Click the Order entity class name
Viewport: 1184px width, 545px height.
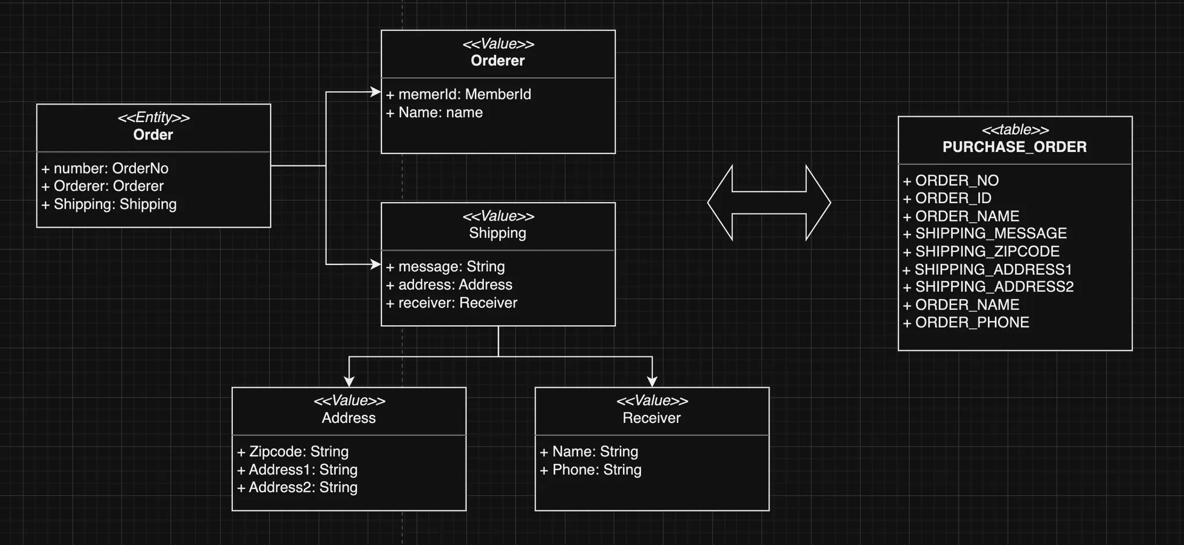[153, 135]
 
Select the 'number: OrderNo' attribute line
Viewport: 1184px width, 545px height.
[105, 168]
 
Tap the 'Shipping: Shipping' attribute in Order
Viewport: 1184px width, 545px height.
[109, 204]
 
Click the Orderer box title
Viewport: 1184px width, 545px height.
[498, 61]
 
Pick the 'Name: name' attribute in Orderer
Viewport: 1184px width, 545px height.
[434, 113]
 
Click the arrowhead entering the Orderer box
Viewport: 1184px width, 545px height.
[375, 91]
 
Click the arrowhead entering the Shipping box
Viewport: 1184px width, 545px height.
[375, 264]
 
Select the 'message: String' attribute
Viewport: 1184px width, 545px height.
[446, 267]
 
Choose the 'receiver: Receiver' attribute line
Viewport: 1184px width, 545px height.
[452, 303]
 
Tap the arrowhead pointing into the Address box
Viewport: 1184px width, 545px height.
[349, 381]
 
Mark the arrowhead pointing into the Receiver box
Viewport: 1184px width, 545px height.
[652, 381]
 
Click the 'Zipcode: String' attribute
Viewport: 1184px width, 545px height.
[293, 452]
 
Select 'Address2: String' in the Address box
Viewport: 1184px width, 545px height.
[297, 488]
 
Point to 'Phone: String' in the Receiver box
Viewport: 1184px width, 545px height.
[591, 470]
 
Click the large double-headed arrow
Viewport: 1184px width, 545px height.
[769, 202]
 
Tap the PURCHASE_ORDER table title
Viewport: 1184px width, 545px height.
[1015, 147]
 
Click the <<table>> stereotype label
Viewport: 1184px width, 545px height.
[1015, 130]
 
